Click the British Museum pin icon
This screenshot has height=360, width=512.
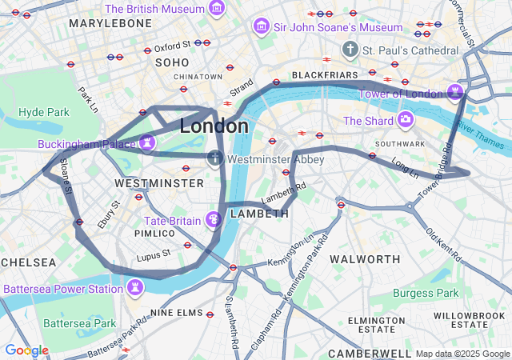tap(216, 8)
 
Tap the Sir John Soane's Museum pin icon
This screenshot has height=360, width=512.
tap(262, 27)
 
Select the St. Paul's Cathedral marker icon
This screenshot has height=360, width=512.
tap(350, 50)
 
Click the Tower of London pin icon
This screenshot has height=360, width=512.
tap(456, 93)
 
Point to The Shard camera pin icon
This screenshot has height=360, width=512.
tap(406, 121)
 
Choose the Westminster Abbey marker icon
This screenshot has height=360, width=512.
tap(214, 159)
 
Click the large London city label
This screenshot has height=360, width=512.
tap(214, 126)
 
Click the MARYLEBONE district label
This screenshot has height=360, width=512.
tap(110, 23)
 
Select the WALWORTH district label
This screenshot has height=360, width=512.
tap(365, 259)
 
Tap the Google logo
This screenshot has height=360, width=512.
tap(26, 350)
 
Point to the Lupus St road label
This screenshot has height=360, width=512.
tap(154, 256)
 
